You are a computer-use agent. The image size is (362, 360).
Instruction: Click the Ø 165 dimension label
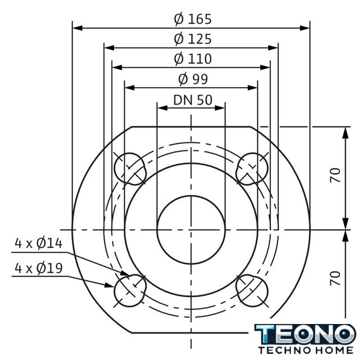coord(193,19)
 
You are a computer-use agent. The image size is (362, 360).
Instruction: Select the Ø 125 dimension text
coord(193,39)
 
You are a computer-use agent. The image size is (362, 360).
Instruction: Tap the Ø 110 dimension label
coord(193,58)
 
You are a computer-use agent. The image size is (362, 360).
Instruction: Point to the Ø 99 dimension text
coord(193,79)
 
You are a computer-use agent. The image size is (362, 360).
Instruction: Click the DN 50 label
coord(193,100)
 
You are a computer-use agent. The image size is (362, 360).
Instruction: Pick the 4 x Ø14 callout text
coord(39,244)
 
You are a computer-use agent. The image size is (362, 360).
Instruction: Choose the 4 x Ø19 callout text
coord(39,268)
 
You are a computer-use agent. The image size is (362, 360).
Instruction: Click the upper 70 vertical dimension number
coord(335,175)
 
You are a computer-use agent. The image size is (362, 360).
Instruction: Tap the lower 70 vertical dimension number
coord(335,278)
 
